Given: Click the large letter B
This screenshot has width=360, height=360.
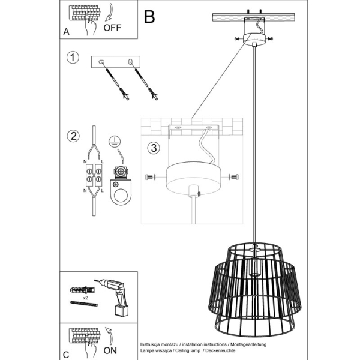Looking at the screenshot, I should [150, 17].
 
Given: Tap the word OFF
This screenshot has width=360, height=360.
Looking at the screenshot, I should [112, 28].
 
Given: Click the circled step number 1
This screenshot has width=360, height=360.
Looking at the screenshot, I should [73, 58].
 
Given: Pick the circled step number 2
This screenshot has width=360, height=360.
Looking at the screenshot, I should [73, 136].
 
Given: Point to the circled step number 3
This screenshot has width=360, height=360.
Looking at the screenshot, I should [154, 148].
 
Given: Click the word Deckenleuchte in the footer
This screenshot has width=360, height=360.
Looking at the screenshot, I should [227, 347].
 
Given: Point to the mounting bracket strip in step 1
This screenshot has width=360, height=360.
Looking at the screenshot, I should [115, 62].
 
